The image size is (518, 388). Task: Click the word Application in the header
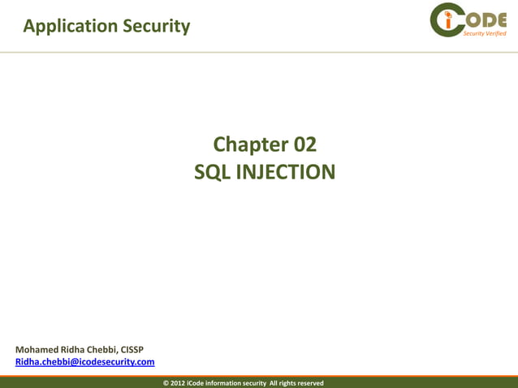point(71,27)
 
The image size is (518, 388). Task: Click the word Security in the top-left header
point(157,26)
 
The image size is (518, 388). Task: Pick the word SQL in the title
point(213,172)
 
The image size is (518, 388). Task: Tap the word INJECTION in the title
point(284,172)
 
